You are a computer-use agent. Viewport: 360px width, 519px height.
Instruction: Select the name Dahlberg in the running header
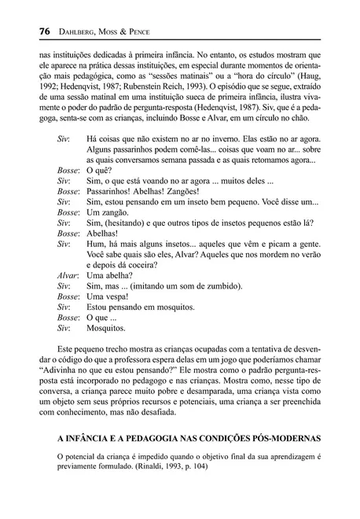(72, 31)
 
